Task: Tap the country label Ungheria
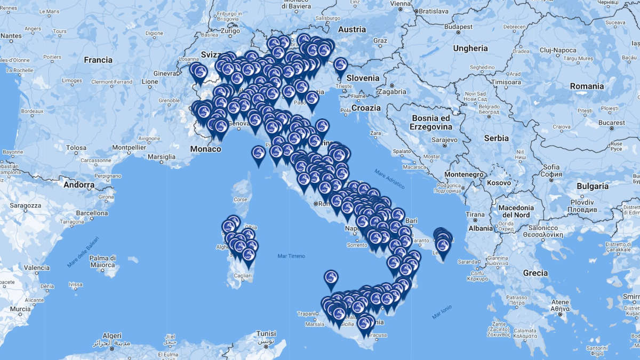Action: (470, 48)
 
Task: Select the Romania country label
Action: (587, 86)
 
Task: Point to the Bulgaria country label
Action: (592, 186)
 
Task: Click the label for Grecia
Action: (535, 273)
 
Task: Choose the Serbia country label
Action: (496, 138)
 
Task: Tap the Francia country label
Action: (98, 60)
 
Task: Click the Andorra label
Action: (78, 185)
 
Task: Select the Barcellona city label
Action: (92, 213)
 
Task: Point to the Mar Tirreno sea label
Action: (291, 256)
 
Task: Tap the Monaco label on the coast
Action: (205, 149)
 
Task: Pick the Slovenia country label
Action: (363, 78)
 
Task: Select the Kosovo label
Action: (498, 182)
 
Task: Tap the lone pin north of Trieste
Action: (340, 65)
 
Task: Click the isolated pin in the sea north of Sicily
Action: (331, 278)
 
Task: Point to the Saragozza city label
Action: (25, 205)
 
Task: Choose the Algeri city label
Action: (111, 335)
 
